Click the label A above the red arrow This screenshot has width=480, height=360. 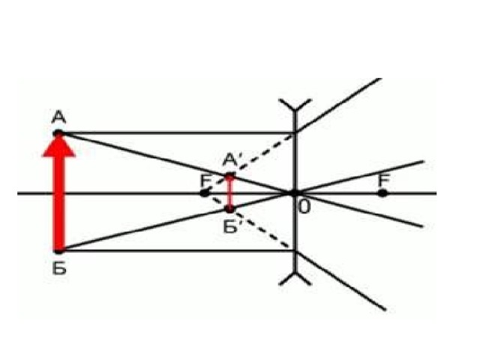(x=58, y=117)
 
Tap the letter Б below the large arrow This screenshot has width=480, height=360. (x=59, y=268)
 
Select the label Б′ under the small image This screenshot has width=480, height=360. (x=231, y=226)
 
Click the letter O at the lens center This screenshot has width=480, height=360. (x=304, y=207)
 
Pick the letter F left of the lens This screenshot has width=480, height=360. (x=205, y=181)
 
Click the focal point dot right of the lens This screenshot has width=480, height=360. (x=382, y=193)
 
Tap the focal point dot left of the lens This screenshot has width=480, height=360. (x=204, y=193)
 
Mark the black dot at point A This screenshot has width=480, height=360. (x=58, y=133)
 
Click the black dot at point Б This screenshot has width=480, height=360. (x=58, y=251)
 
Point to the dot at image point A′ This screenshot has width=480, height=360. (x=230, y=176)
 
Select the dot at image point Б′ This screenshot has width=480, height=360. (x=229, y=209)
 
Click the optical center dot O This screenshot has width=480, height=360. (x=293, y=193)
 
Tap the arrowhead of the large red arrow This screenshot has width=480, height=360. (x=58, y=145)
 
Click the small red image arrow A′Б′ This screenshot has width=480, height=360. (x=230, y=193)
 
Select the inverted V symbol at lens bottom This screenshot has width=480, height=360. (x=295, y=278)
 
